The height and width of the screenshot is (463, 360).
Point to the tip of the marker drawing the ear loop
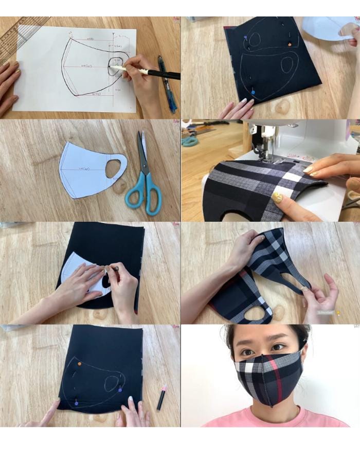pos(112,66)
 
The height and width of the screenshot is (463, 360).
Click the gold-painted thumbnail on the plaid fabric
pos(278,198)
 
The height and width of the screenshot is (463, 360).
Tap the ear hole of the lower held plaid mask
pos(256,313)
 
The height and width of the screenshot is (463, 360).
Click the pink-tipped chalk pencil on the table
pos(161,397)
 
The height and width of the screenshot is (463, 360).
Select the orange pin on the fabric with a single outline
pos(79,364)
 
